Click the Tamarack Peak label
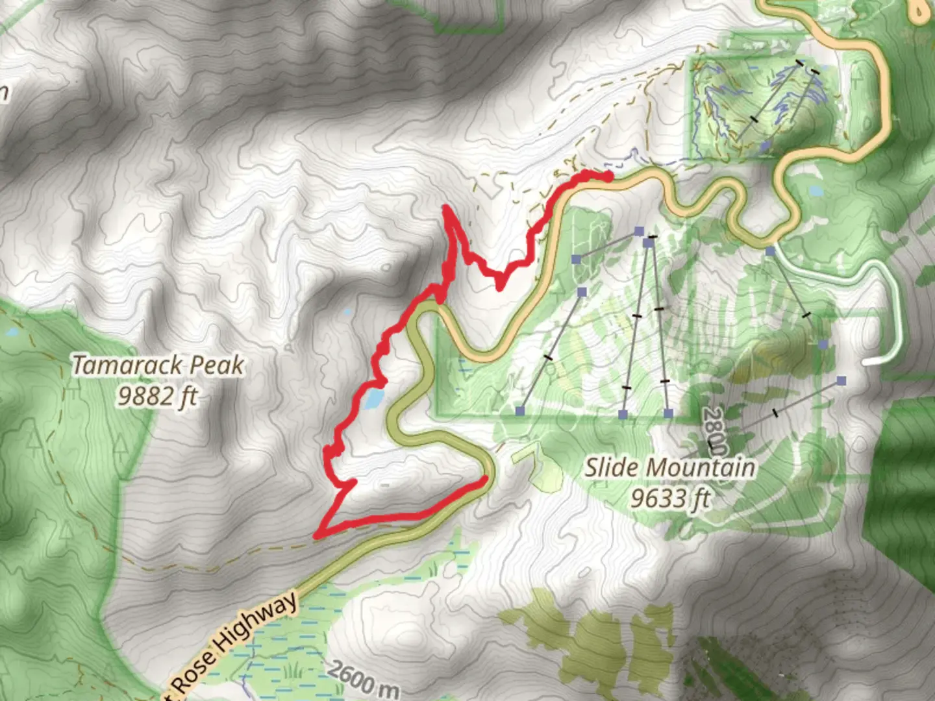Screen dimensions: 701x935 pos(158,365)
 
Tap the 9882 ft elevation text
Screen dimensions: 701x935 pos(157,395)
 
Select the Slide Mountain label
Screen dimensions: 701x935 pos(670,467)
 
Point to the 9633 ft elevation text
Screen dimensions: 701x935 pos(670,498)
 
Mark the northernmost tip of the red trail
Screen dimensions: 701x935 pos(445,208)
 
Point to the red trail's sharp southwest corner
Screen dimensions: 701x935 pos(316,535)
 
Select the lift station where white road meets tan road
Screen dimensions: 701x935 pos(769,251)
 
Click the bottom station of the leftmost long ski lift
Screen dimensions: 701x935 pos(520,410)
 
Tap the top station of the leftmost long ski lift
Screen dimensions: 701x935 pos(582,292)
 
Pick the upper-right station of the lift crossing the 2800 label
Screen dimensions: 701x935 pos(841,381)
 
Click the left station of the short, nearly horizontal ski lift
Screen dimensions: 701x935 pos(576,259)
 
